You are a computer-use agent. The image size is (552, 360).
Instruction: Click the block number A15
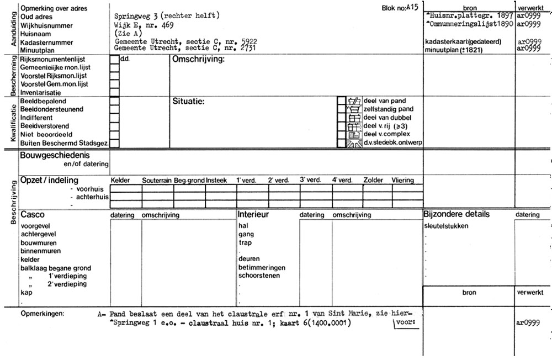click(x=412, y=7)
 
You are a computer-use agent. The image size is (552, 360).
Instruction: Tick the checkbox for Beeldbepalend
click(x=115, y=102)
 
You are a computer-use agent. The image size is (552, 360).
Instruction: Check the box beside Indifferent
click(x=115, y=118)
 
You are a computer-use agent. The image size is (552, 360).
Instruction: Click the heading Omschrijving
click(x=199, y=60)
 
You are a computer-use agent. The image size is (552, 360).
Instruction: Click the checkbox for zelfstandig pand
click(x=342, y=109)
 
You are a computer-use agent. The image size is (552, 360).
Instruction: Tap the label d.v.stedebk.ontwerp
click(x=392, y=143)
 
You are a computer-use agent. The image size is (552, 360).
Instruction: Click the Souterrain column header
click(x=157, y=181)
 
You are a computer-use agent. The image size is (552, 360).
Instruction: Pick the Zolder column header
click(x=373, y=181)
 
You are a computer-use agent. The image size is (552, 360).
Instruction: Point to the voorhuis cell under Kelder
click(x=126, y=188)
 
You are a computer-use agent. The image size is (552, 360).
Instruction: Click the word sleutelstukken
click(x=447, y=226)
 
